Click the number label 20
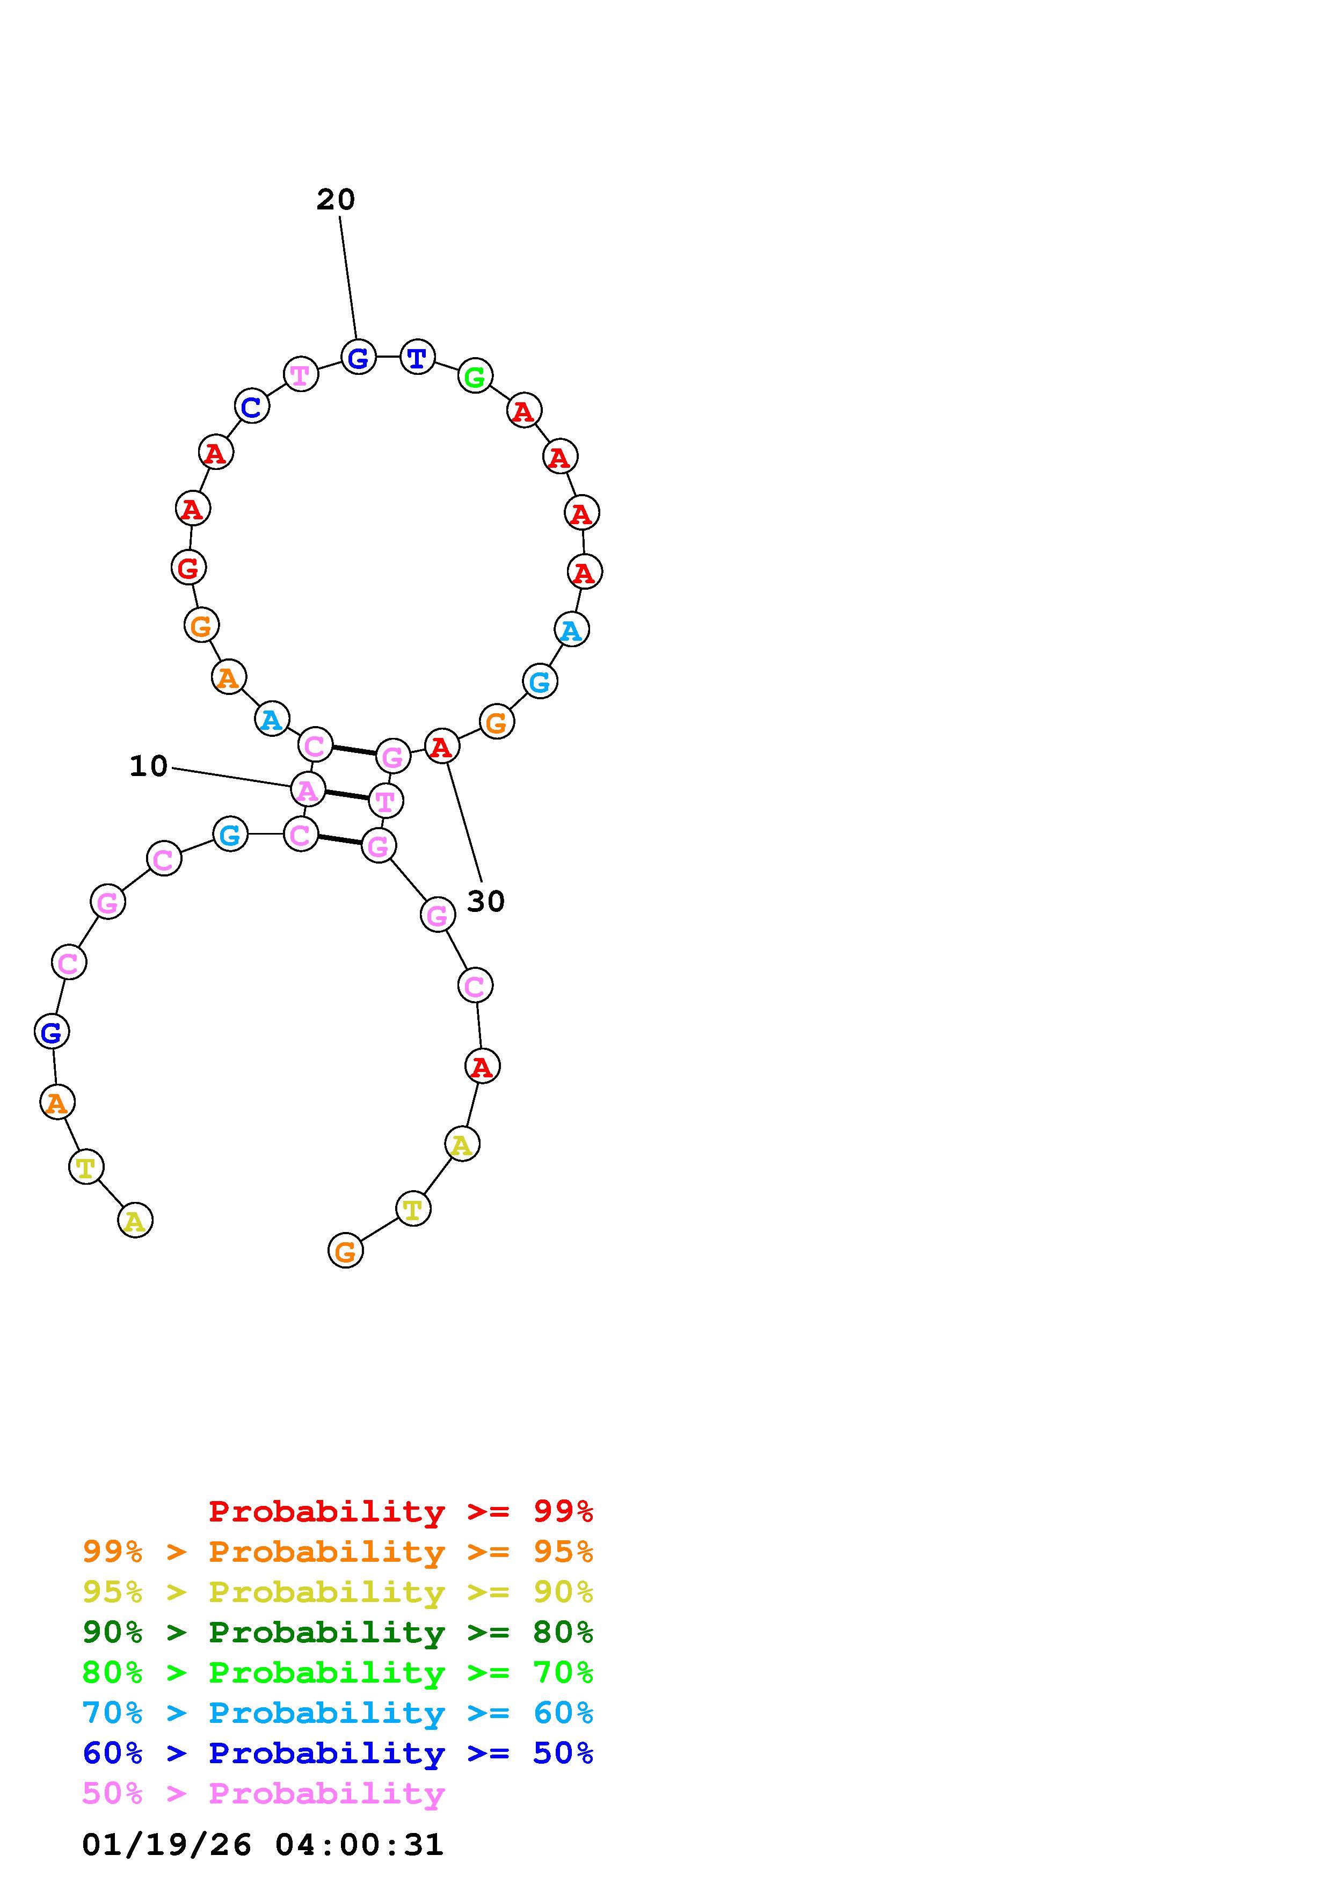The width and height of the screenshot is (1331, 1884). (336, 199)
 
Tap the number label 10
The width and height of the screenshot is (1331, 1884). (148, 766)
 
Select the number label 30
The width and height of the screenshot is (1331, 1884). (485, 902)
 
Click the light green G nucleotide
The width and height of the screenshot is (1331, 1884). (475, 376)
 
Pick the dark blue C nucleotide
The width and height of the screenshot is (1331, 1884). (252, 405)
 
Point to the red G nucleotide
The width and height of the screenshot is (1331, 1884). (188, 567)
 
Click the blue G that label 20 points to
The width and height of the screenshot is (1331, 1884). (358, 357)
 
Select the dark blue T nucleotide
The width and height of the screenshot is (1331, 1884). (417, 357)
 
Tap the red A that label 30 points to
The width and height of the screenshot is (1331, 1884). (442, 746)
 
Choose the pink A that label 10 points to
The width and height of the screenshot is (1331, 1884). (308, 790)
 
